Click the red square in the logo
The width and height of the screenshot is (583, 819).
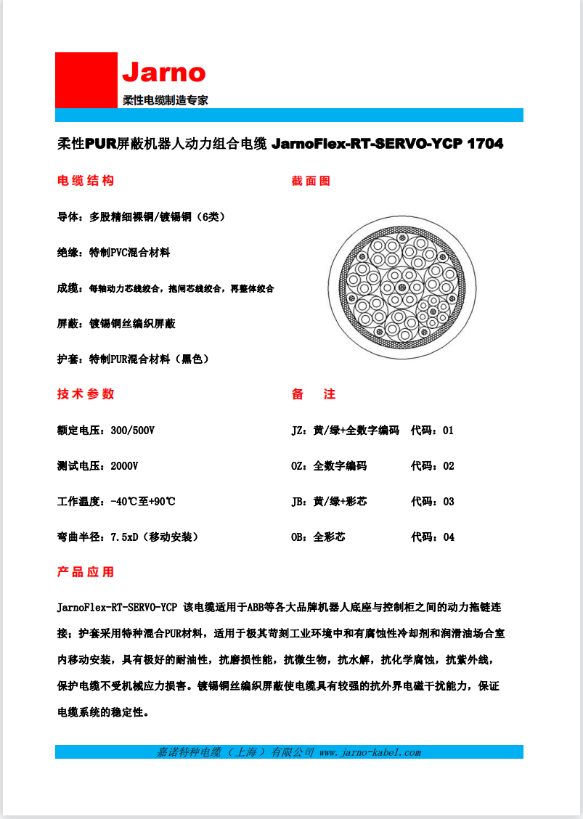point(86,80)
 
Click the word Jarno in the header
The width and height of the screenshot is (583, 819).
point(163,73)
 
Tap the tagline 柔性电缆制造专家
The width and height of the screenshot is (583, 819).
point(165,100)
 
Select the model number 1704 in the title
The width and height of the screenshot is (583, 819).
point(485,144)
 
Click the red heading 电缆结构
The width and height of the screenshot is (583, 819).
point(86,181)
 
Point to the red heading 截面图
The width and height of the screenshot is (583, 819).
point(311,181)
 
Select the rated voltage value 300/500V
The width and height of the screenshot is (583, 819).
point(133,431)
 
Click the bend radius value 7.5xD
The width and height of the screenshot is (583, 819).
point(124,537)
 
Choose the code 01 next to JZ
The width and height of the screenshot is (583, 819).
point(448,431)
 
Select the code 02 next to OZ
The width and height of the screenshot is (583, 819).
point(448,466)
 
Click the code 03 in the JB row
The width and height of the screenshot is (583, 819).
point(448,502)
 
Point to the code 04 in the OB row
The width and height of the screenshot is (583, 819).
point(448,537)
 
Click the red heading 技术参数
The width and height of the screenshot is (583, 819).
point(86,394)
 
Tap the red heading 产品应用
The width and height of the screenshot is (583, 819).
point(86,572)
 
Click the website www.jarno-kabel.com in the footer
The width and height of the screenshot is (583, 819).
point(370,752)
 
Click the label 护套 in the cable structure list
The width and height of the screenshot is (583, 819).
point(67,359)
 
